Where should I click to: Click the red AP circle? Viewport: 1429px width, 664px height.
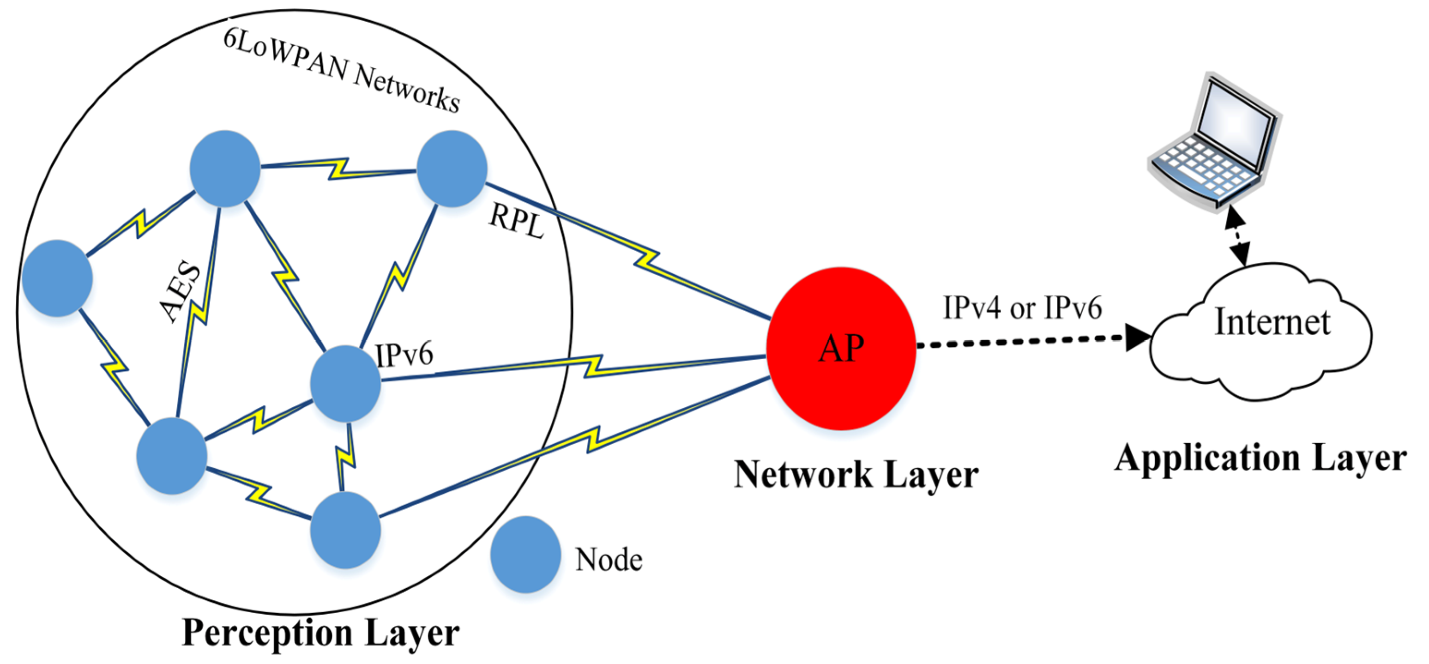[x=840, y=348]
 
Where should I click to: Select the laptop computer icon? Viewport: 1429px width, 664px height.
[x=1215, y=144]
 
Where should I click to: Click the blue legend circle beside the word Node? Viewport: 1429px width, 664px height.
[x=525, y=554]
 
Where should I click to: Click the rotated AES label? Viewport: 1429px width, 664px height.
[x=180, y=291]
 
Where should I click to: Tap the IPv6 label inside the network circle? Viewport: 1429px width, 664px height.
[x=404, y=355]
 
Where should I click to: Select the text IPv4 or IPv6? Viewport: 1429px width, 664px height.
[x=1022, y=308]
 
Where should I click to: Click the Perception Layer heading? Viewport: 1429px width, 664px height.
[x=320, y=633]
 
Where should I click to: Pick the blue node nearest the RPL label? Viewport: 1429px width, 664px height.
[x=452, y=169]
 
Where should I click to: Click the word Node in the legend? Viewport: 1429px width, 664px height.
[x=609, y=560]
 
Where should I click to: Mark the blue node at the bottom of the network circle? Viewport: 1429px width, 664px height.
[x=345, y=530]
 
